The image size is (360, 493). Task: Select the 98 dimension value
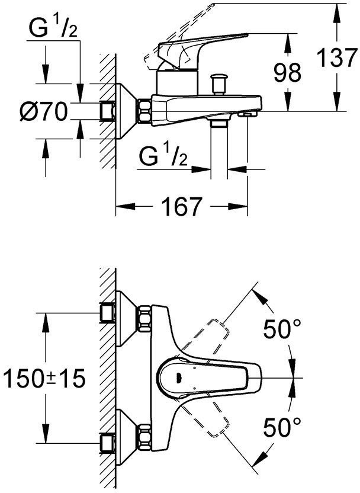287,72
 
